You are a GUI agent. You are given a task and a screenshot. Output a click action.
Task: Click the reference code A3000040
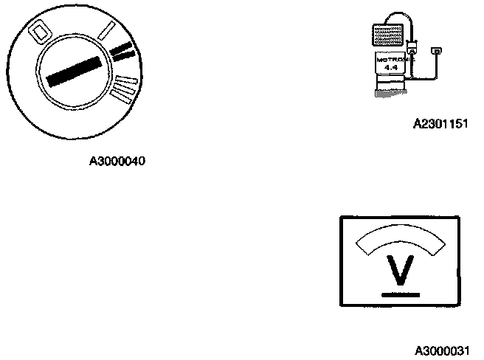[x=117, y=161]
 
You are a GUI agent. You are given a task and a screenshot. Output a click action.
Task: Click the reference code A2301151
[x=440, y=124]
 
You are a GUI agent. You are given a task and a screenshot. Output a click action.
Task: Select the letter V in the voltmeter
[x=399, y=271]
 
